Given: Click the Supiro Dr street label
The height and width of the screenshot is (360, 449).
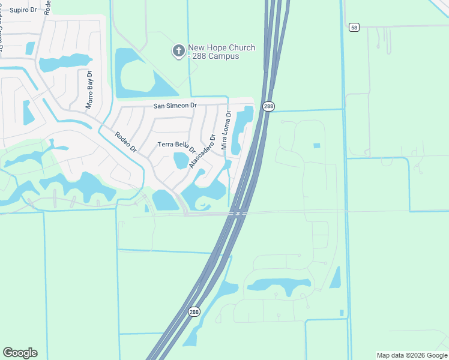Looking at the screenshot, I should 23,10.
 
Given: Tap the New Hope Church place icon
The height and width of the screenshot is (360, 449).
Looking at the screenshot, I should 178,52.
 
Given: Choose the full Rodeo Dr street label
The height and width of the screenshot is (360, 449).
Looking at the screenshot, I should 126,141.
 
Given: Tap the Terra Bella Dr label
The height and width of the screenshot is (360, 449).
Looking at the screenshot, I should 177,146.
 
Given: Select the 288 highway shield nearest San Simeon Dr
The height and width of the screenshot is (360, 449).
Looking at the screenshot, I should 268,106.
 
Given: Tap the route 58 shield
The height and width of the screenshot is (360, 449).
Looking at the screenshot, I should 354,27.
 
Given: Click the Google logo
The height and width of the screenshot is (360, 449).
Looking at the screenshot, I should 20,353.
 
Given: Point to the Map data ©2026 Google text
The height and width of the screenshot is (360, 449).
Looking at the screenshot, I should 412,355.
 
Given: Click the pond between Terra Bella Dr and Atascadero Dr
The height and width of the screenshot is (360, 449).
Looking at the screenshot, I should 180,160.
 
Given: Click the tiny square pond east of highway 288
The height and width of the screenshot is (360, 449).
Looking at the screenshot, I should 316,145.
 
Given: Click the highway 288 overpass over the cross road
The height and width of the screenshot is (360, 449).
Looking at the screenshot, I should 238,213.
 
